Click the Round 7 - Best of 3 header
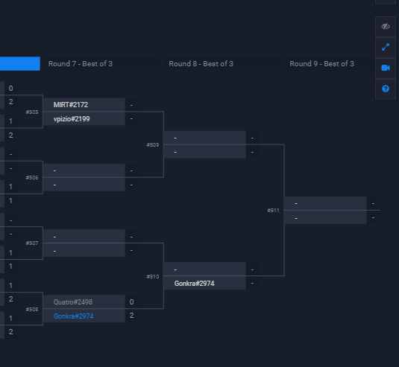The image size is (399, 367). tap(81, 64)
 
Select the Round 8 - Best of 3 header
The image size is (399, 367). tap(201, 64)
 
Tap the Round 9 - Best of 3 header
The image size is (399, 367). tap(321, 64)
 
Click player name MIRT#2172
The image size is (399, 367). tap(71, 105)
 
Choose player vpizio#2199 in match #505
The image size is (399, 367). tap(72, 119)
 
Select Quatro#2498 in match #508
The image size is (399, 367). tap(73, 301)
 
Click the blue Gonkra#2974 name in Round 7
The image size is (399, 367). tap(74, 316)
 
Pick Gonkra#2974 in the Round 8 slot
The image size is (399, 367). tap(195, 284)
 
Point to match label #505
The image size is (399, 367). tap(32, 112)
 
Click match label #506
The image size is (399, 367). tap(32, 178)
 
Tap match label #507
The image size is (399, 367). tap(32, 243)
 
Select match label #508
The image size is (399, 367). tap(32, 309)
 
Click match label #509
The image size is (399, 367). tap(153, 145)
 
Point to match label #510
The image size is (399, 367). tap(153, 276)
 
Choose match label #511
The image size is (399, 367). tap(274, 211)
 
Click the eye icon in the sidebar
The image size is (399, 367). tap(386, 26)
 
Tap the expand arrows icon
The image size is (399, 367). tap(386, 47)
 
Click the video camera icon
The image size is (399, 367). tap(386, 68)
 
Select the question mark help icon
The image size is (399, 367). tap(386, 89)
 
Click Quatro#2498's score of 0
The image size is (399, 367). tap(131, 301)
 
